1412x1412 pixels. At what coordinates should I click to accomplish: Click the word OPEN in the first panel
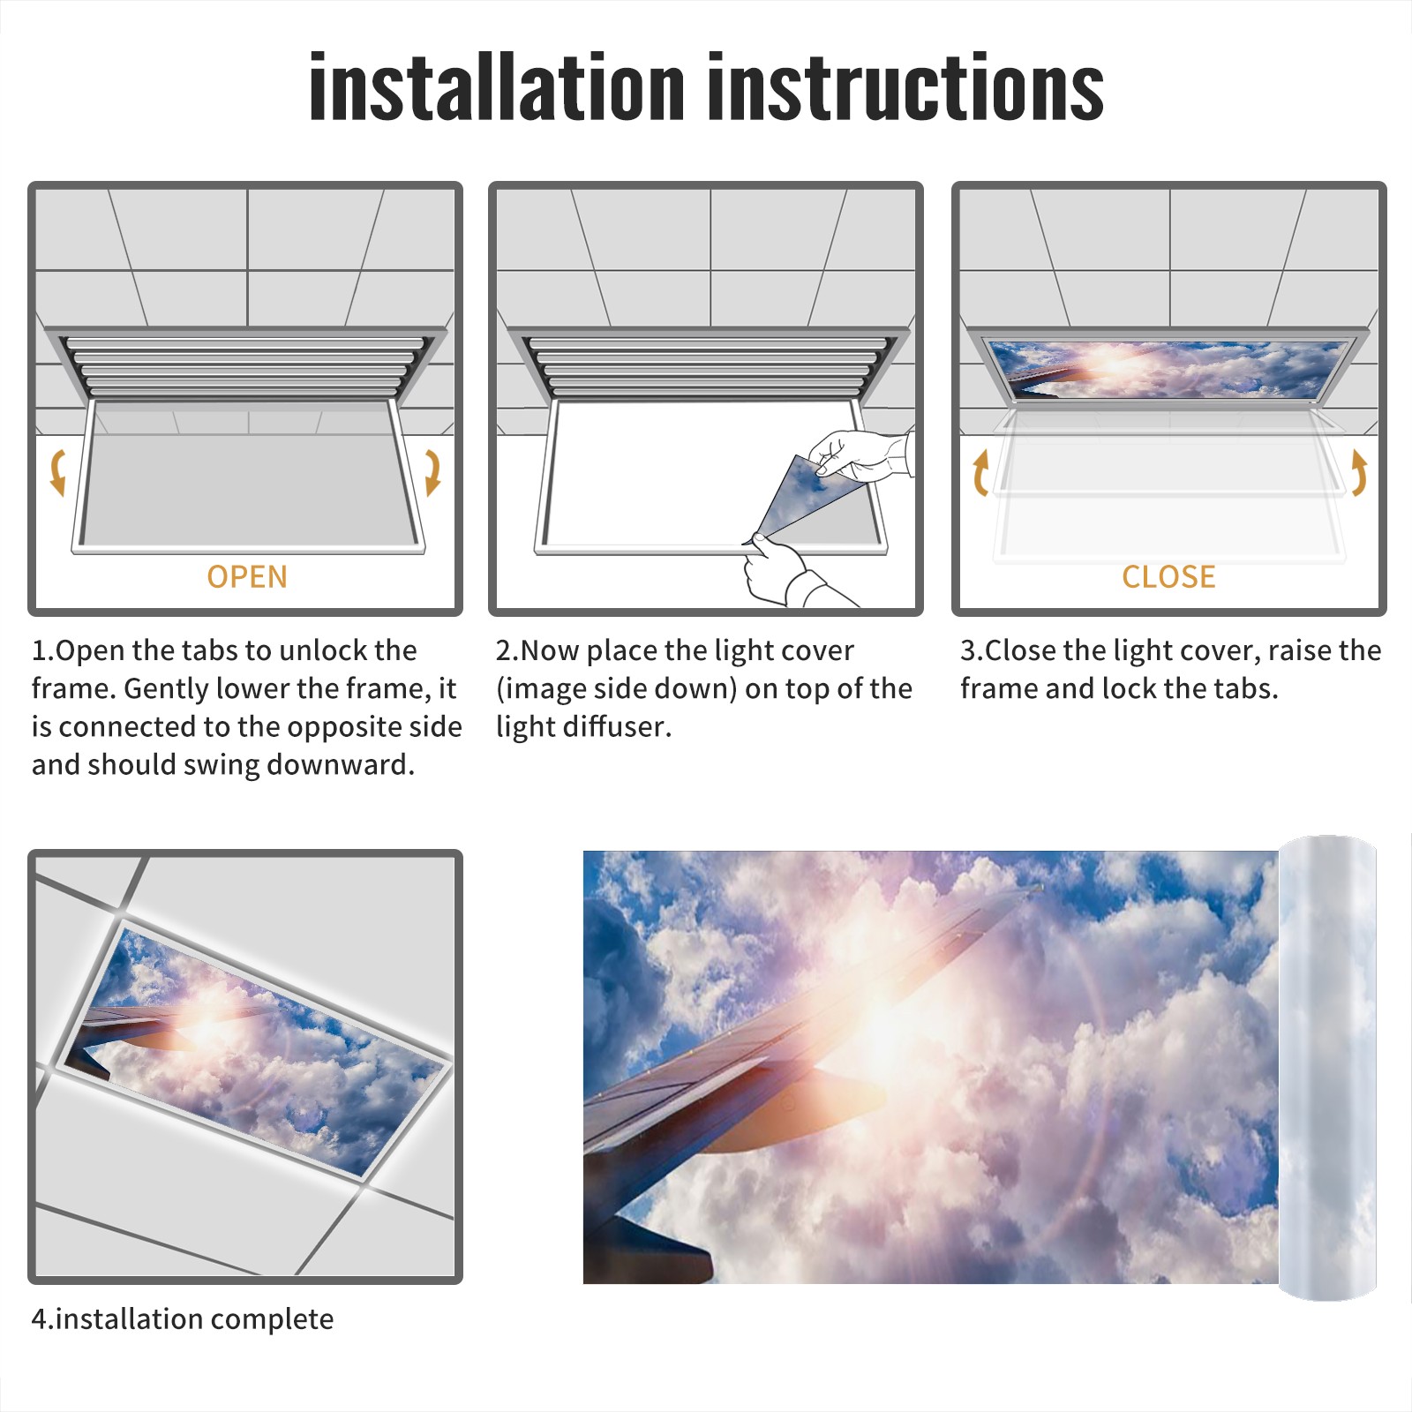(247, 576)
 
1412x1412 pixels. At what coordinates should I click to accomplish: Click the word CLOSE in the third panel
(1168, 576)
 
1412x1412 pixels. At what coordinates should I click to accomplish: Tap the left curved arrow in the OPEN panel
(57, 472)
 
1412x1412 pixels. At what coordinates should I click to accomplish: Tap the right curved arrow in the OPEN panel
(432, 472)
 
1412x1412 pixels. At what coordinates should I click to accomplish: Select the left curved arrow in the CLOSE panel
(980, 472)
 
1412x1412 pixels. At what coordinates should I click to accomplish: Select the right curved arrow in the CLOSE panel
(1359, 472)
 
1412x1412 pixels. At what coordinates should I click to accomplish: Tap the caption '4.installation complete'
(183, 1319)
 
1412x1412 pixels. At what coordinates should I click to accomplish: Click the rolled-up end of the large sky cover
(1327, 1068)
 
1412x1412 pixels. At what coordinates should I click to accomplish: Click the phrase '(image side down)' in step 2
(616, 688)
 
